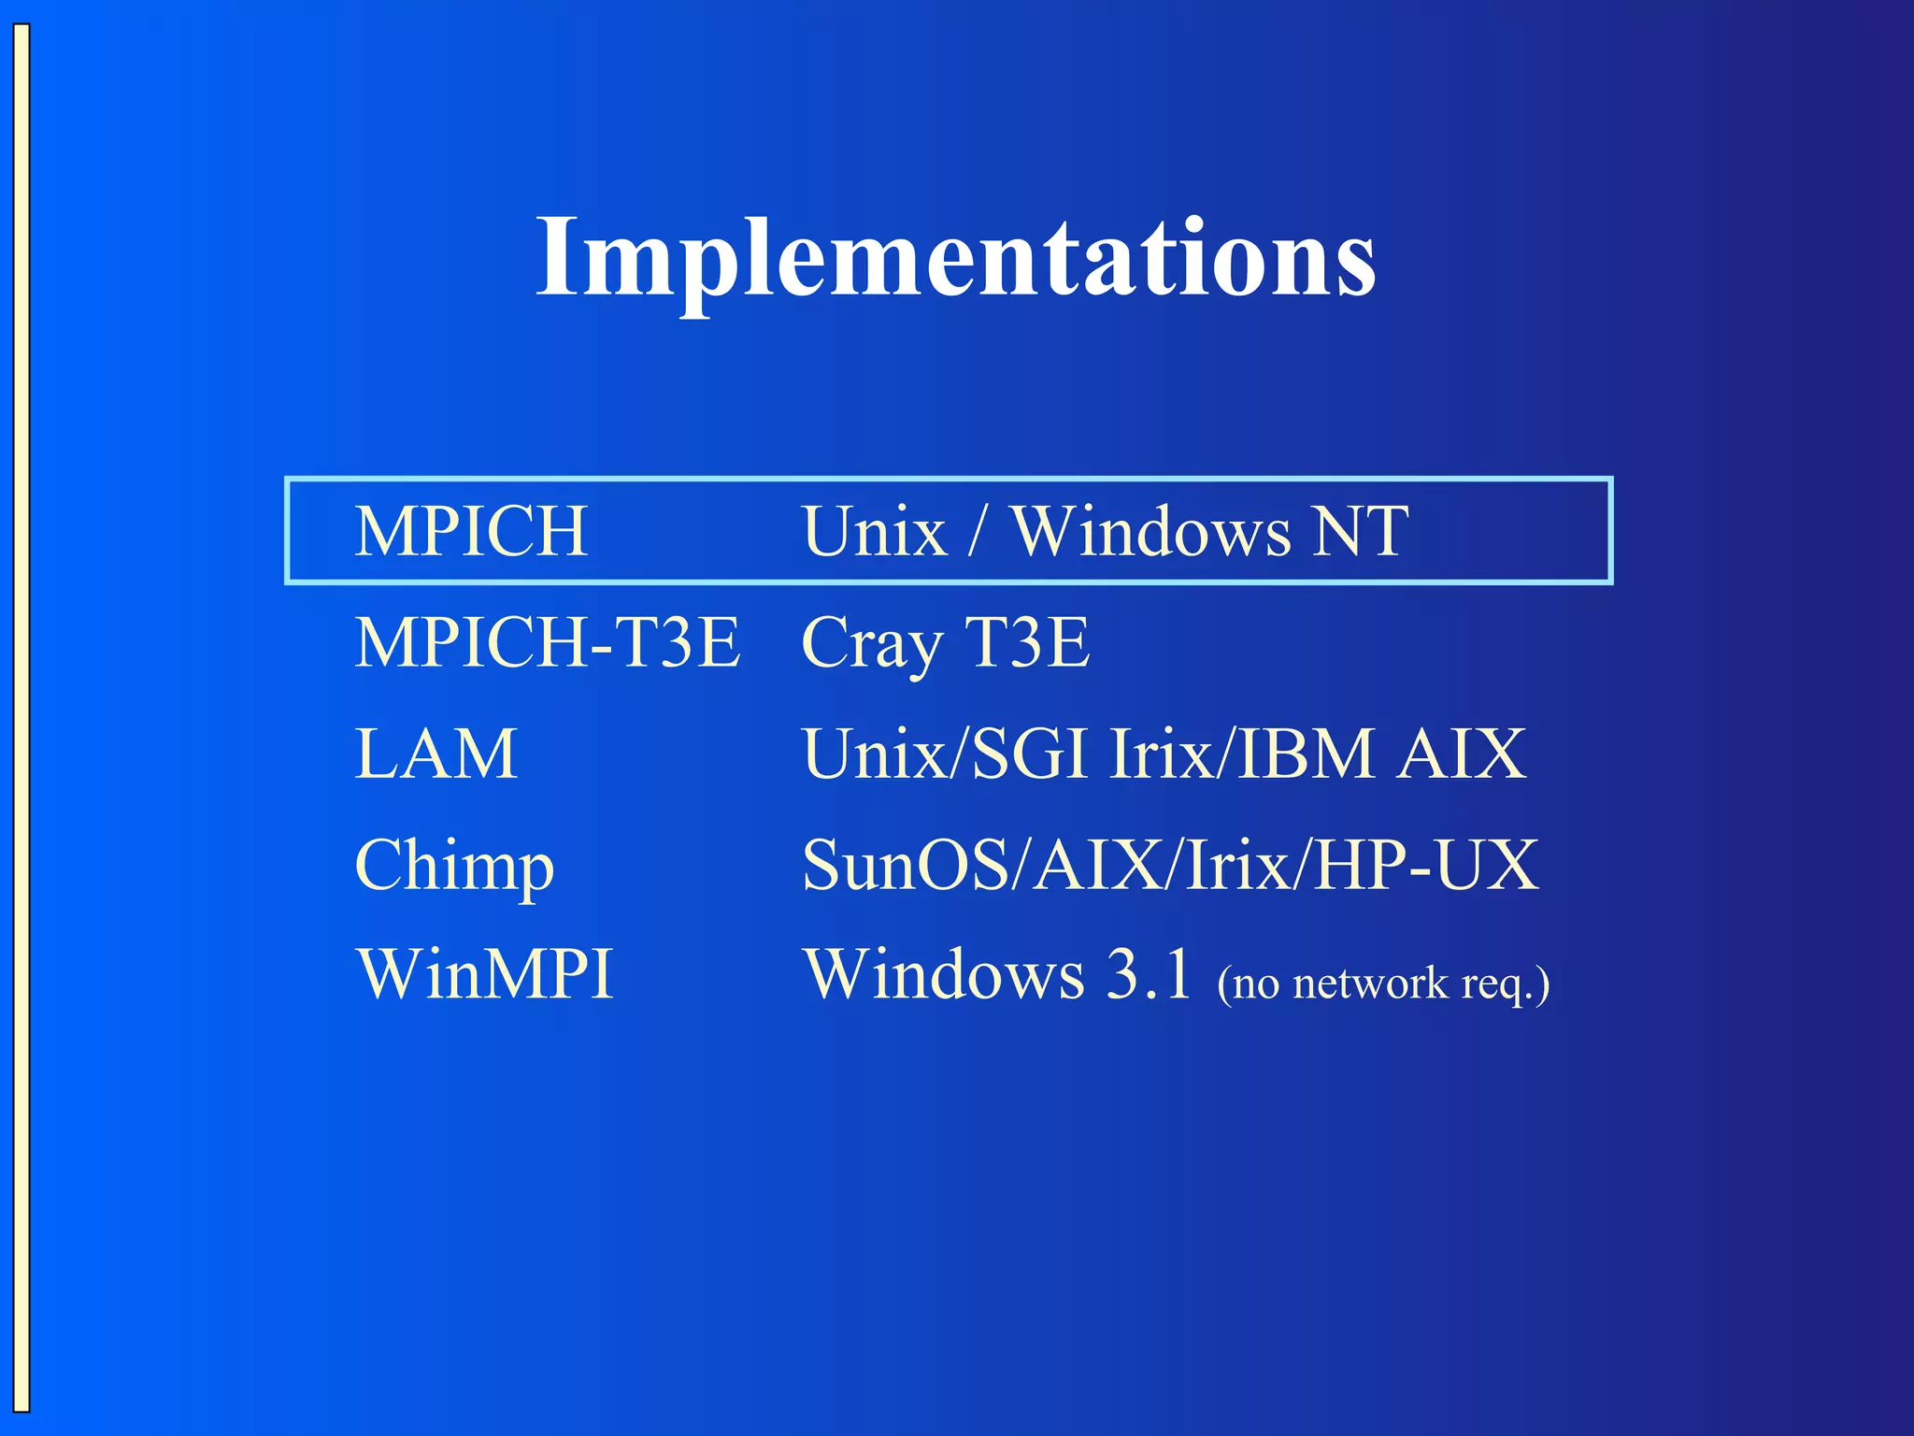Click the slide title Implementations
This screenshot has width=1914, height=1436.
coord(955,257)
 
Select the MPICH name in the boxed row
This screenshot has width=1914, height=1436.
coord(471,531)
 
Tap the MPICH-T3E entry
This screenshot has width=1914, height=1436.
coord(548,642)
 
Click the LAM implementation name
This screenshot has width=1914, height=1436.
coord(436,754)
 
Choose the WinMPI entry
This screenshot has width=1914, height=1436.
coord(484,974)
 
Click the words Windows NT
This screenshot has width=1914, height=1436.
coord(1209,531)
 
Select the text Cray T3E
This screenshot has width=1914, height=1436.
coord(945,643)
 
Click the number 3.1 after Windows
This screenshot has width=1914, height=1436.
coord(1149,974)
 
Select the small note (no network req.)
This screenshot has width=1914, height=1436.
coord(1383,984)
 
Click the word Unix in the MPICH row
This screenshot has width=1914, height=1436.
coord(874,531)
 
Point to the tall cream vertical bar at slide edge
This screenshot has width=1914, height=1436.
coord(21,718)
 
